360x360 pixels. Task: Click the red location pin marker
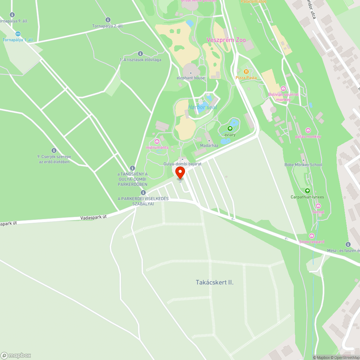180,172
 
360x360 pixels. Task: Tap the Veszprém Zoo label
226,40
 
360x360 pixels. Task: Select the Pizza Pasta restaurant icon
246,71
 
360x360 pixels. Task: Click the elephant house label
190,78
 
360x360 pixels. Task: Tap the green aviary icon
230,129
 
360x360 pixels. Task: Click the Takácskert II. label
215,283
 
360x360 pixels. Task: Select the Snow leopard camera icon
312,235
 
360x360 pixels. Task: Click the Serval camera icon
318,206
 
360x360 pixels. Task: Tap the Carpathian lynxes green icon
307,191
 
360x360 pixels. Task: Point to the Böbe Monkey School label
303,165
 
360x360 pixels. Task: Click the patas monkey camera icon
308,130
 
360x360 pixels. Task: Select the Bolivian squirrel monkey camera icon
283,89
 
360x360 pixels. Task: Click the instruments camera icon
157,141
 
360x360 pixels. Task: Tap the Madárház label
209,145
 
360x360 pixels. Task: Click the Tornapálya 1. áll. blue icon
18,34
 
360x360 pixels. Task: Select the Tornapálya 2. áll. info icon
108,20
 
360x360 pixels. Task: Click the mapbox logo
16,355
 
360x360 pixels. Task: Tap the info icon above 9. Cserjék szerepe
54,150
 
